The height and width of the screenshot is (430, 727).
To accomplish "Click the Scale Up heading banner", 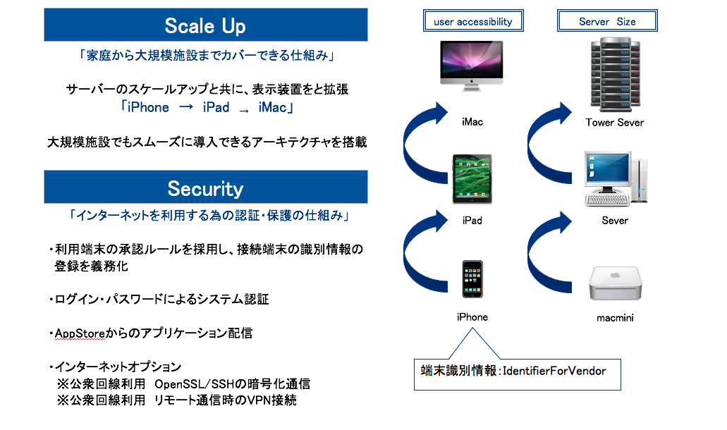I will (x=205, y=25).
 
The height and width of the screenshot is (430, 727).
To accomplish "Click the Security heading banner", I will (x=205, y=188).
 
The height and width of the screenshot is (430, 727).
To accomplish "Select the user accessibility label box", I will (x=473, y=21).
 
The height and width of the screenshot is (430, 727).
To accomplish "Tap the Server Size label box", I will (x=607, y=21).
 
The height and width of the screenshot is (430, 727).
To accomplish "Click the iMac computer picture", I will (x=472, y=66).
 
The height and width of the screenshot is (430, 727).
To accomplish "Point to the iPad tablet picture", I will (x=472, y=180).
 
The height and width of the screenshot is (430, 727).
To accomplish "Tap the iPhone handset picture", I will (x=472, y=279).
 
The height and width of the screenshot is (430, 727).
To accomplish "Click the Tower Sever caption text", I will (x=614, y=122).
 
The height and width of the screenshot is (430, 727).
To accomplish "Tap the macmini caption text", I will (x=615, y=318).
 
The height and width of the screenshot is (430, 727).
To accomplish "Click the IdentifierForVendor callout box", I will (x=518, y=371).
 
